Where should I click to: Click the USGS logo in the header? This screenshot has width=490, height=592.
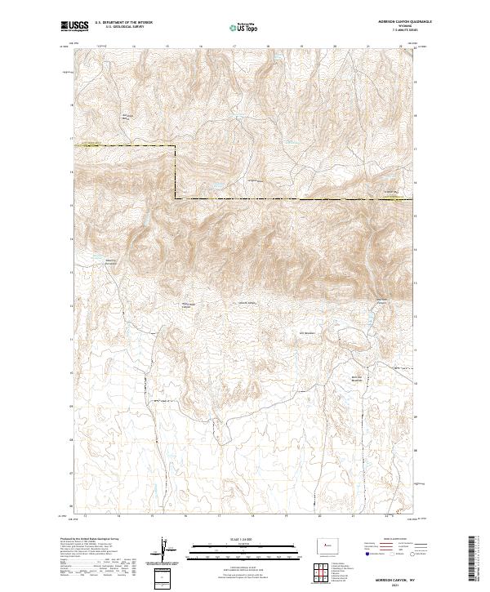[74, 26]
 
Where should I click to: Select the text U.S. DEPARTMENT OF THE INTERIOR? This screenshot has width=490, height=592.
[123, 23]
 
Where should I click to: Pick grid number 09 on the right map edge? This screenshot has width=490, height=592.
[417, 415]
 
